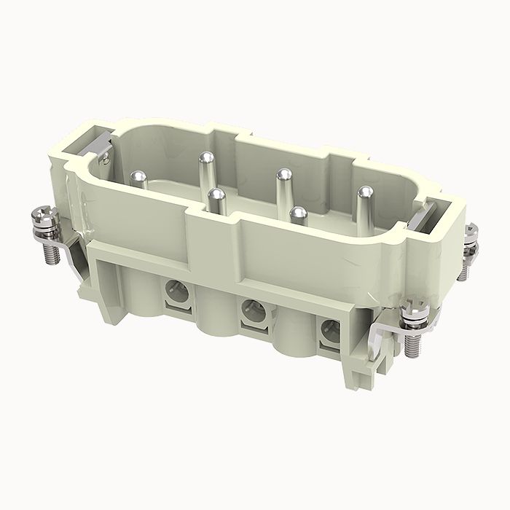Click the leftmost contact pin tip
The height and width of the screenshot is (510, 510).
tap(138, 175)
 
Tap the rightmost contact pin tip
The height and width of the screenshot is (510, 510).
tap(364, 192)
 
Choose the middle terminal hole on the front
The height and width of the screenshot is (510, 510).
tap(251, 310)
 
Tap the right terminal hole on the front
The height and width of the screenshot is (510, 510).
tap(329, 332)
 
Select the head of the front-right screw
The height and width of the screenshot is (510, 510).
tap(418, 306)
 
